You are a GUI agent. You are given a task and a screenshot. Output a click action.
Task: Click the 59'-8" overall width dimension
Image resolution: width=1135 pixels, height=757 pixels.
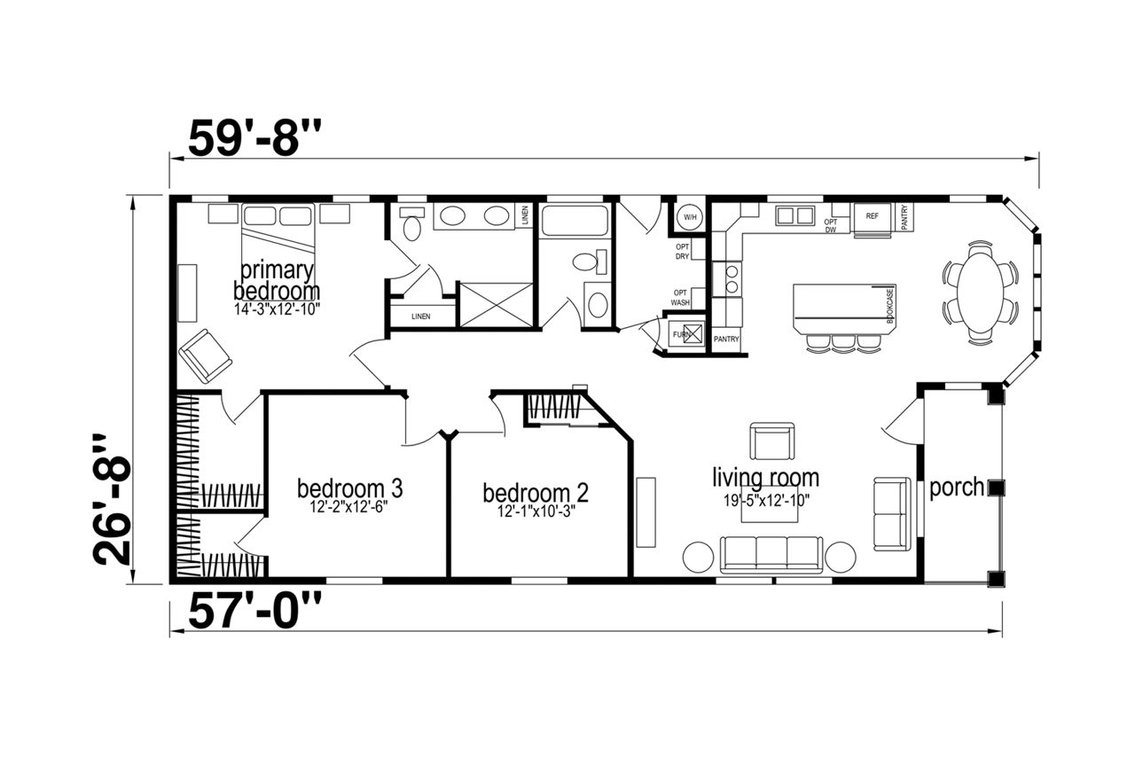point(254,137)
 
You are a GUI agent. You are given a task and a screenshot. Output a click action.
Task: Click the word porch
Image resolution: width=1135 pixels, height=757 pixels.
point(957,488)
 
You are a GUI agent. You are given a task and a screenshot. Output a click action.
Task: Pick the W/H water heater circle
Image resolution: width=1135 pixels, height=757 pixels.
point(690,217)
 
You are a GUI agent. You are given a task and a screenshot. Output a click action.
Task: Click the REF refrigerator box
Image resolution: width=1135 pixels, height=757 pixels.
point(872,219)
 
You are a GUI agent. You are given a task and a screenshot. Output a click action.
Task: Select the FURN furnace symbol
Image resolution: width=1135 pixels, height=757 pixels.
point(685,334)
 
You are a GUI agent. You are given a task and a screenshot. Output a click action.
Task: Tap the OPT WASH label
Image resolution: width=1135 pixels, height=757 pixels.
point(680,298)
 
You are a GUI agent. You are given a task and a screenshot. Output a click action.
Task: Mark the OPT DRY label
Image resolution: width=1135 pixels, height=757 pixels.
point(682,252)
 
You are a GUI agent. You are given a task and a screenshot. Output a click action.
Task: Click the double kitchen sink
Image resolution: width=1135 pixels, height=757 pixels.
point(794,215)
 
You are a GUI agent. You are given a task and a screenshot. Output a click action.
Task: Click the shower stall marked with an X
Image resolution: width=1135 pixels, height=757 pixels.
point(496,305)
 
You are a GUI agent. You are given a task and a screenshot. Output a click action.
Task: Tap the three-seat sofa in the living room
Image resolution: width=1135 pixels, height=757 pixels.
point(771,554)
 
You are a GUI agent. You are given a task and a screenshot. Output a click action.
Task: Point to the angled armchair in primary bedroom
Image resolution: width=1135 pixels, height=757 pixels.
point(205,355)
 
